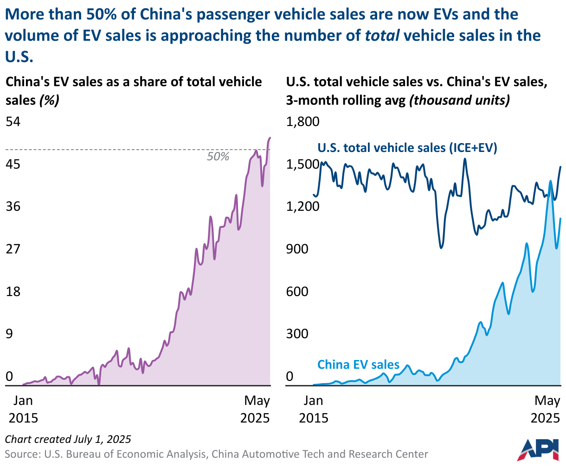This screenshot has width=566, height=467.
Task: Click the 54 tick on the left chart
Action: click(x=13, y=122)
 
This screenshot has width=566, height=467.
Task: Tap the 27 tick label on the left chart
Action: click(x=13, y=249)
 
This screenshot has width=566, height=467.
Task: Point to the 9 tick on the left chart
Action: click(x=9, y=334)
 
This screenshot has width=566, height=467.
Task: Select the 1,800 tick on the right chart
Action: click(x=303, y=122)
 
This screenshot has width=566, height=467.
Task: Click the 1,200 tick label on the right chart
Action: click(x=303, y=207)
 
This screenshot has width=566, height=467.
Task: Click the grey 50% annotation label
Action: click(x=218, y=157)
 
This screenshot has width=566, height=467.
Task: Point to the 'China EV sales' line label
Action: click(x=358, y=365)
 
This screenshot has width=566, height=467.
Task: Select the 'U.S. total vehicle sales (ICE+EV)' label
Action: click(x=407, y=148)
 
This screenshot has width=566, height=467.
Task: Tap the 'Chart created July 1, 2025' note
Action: click(x=68, y=439)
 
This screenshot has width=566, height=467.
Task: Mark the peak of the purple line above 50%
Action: click(x=270, y=138)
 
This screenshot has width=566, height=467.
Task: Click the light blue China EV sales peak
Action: click(x=550, y=181)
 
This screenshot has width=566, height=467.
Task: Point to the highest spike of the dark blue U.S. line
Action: click(x=465, y=159)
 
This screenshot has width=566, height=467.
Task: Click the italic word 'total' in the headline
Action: click(x=382, y=36)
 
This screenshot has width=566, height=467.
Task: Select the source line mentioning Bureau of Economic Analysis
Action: click(x=217, y=454)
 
